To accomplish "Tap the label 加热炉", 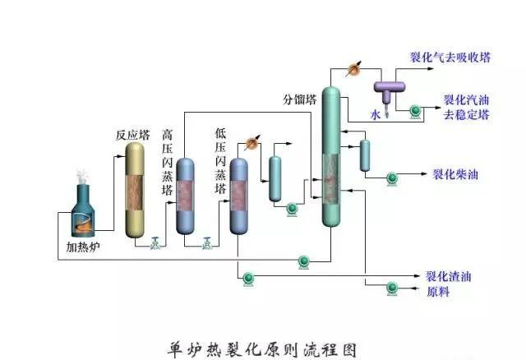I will point(83,247).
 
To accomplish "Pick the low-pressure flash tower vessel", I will point(238,196).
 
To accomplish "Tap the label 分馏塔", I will point(300,100).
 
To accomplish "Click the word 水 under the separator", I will point(376,116).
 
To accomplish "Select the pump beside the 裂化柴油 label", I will point(392,175).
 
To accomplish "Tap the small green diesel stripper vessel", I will point(364,155).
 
